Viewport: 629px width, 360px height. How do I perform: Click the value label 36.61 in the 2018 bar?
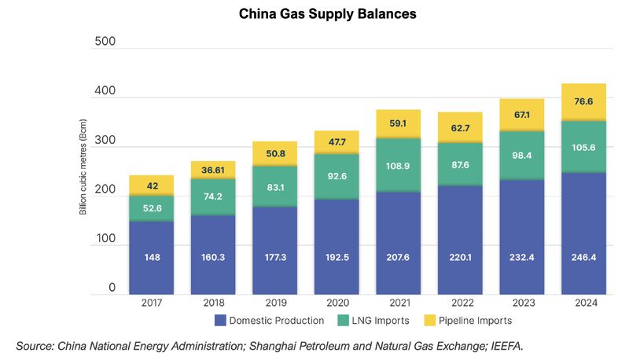click(212, 169)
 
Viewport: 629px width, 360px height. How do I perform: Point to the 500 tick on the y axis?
click(105, 41)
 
